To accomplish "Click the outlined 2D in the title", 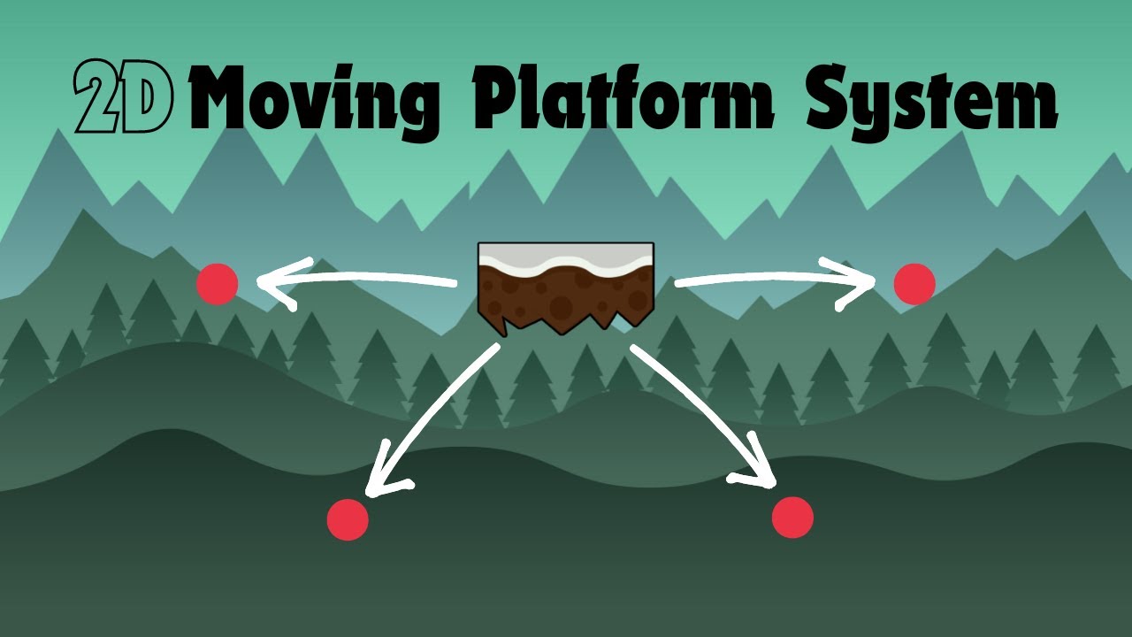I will [x=122, y=97].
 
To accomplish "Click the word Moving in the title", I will [x=315, y=99].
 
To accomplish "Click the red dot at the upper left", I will [x=218, y=284].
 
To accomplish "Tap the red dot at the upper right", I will [x=914, y=284].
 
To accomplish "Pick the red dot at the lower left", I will [x=348, y=519].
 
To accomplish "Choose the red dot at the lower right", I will [x=792, y=517].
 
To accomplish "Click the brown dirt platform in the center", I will [x=566, y=292].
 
